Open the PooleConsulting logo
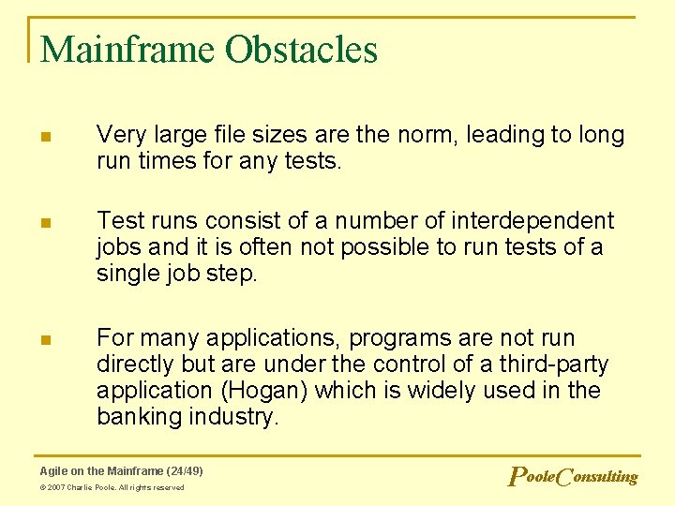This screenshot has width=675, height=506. point(572,477)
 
